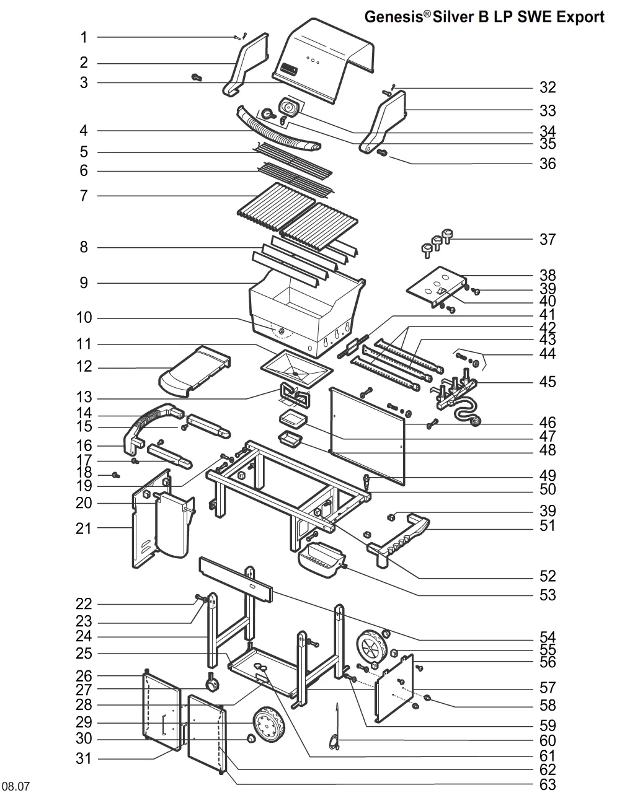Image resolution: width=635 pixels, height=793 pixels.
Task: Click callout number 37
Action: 547,240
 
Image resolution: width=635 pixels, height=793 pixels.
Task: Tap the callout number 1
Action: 84,37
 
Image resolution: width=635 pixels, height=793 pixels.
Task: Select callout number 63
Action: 548,784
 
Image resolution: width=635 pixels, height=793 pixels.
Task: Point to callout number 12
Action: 84,367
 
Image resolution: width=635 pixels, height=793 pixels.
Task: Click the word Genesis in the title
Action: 394,17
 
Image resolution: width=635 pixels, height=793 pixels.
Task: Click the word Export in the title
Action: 580,17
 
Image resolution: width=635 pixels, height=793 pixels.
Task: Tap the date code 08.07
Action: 16,786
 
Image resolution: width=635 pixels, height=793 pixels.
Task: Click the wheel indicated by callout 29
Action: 269,724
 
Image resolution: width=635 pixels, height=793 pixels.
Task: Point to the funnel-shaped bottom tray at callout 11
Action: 296,369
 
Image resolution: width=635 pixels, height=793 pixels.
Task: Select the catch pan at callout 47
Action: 293,419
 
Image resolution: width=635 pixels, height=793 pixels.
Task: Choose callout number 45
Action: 547,382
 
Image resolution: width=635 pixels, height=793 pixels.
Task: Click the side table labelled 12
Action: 195,371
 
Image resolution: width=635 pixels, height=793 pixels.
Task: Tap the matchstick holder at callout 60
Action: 335,726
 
